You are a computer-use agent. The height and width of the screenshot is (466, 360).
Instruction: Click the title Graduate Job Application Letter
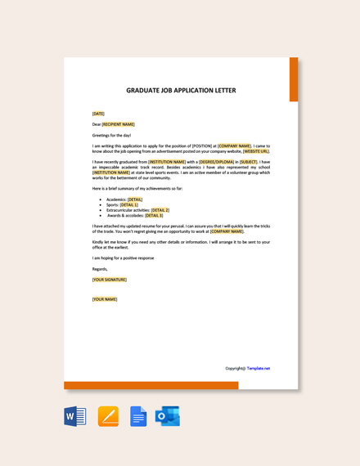point(181,91)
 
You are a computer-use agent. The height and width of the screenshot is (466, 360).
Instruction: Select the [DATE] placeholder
point(98,114)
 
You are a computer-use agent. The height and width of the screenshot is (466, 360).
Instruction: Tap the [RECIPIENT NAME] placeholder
point(118,124)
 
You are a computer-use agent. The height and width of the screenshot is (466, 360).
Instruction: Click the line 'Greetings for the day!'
point(111,135)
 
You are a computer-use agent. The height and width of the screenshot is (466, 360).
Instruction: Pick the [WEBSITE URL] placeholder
point(256,151)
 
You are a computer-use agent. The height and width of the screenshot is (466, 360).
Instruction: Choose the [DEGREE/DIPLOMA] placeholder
point(218,162)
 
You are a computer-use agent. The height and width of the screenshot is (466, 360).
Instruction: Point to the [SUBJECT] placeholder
point(249,162)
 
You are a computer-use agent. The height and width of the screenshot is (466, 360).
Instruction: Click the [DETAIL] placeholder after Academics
point(135,199)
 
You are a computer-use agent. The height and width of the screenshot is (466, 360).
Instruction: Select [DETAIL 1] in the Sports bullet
point(129,204)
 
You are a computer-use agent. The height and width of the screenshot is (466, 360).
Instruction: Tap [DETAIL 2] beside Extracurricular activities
point(160,210)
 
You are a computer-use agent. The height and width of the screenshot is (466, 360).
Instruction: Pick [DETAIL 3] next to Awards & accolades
point(154,215)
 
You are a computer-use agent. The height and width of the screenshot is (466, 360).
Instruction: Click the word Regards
point(100,269)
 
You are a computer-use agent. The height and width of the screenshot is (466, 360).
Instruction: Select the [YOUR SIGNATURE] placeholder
point(110,280)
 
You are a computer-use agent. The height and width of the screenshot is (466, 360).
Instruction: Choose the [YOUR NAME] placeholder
point(105,299)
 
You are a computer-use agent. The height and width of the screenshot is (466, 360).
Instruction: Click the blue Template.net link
point(259,368)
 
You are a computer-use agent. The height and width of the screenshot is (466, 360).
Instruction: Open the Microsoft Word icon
point(75,416)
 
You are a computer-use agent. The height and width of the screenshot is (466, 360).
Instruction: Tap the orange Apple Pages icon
point(108,416)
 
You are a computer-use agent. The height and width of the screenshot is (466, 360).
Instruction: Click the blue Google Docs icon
point(138,416)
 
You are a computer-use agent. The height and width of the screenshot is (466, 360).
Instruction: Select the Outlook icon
point(168,416)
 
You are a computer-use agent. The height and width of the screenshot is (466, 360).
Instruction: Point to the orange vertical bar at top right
point(294,79)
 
